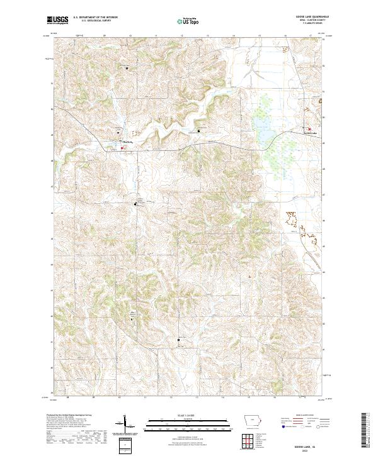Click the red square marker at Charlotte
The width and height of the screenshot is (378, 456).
(122, 148)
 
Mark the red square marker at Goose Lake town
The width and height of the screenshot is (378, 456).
(308, 128)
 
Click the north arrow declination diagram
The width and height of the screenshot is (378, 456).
(124, 425)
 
